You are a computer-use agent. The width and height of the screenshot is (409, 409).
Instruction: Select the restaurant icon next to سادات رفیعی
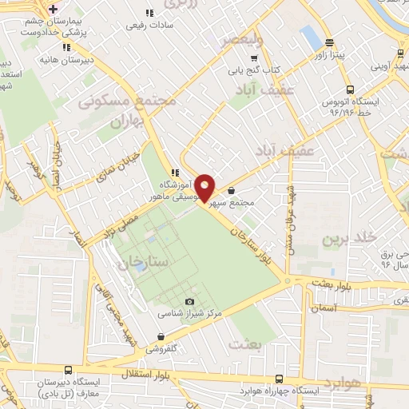click(x=149, y=13)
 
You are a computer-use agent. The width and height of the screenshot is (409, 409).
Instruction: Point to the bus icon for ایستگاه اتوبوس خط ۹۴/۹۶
click(x=349, y=90)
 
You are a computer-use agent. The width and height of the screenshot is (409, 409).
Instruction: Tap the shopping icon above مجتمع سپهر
click(x=232, y=191)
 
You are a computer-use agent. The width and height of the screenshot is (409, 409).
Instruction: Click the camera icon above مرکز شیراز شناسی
click(x=189, y=301)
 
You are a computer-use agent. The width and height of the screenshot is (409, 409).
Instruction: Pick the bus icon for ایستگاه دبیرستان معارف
click(x=69, y=371)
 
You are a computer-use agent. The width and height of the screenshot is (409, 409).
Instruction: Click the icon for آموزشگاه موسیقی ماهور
click(x=174, y=172)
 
